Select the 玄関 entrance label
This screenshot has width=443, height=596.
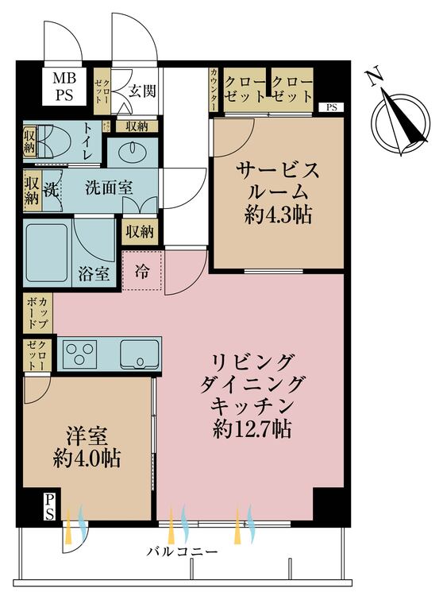click(144, 91)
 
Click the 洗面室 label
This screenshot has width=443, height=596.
click(110, 188)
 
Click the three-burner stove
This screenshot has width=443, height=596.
click(79, 353)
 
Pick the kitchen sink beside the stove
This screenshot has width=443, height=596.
click(140, 353)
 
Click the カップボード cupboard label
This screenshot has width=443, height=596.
click(37, 314)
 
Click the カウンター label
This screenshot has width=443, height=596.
click(215, 88)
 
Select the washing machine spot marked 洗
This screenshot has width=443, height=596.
click(51, 191)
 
